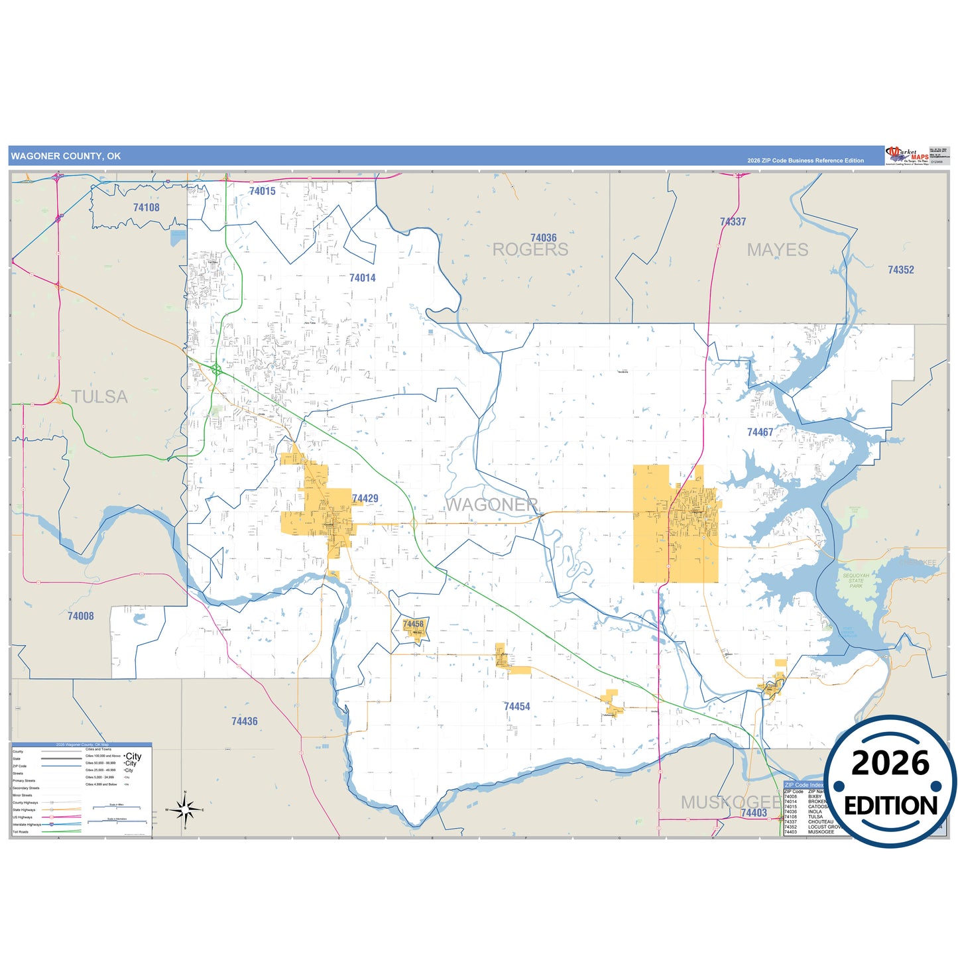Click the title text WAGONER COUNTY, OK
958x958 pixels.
coord(66,156)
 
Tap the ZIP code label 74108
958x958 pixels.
coord(146,208)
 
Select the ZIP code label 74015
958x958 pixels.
coord(262,191)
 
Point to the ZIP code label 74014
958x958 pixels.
coord(362,278)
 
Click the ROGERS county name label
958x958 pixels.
coord(530,250)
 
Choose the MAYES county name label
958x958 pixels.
coord(777,250)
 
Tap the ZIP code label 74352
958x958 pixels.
coord(900,270)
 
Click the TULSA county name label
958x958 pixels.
coord(99,396)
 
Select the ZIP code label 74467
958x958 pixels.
coord(760,432)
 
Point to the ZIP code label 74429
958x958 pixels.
coord(365,499)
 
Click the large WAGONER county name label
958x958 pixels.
coord(491,505)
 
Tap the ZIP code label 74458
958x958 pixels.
coord(413,624)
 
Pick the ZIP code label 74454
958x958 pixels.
coord(516,707)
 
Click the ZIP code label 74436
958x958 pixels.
coord(244,721)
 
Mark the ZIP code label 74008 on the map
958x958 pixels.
coord(80,616)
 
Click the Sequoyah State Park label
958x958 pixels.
coord(856,581)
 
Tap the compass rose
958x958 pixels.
coord(185,809)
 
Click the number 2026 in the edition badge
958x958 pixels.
coord(890,764)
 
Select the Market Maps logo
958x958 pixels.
coord(906,156)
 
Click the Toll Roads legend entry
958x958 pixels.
coord(21,831)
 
